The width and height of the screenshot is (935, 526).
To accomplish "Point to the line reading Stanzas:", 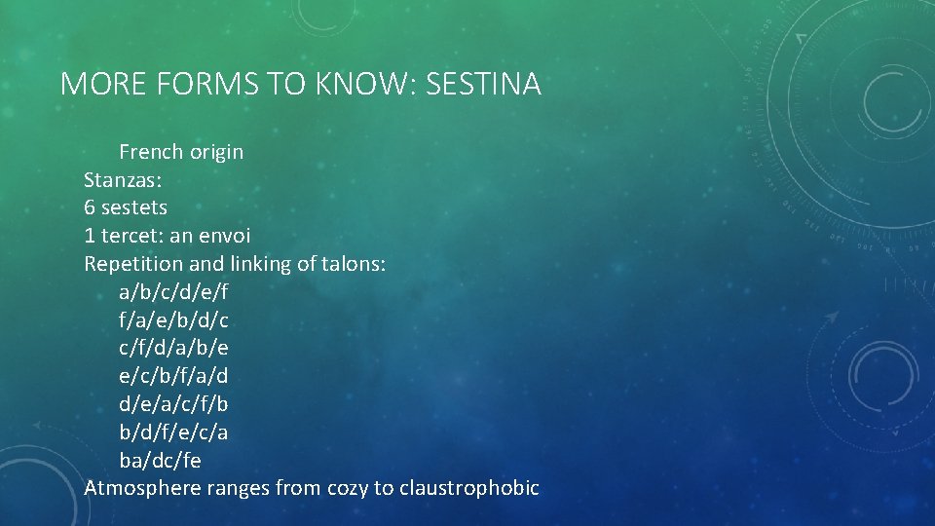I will coord(121,179).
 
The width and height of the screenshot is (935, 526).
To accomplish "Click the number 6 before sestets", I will coord(90,207).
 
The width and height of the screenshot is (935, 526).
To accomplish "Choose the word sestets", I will coord(134,207).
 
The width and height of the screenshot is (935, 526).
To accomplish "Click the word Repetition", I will coord(132,264).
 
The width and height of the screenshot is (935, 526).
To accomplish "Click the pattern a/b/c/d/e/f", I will coord(173,291).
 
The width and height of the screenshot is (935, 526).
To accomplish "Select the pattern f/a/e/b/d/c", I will coord(173,319).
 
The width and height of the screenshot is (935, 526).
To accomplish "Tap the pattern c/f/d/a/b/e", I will coord(173,348).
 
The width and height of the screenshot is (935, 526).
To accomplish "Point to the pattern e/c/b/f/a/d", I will coord(173,376).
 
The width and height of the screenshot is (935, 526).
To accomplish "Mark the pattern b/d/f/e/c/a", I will coord(173,432).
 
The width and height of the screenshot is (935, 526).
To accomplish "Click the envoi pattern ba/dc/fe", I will coord(161,460).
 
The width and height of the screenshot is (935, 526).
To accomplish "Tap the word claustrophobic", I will coord(468,488).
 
